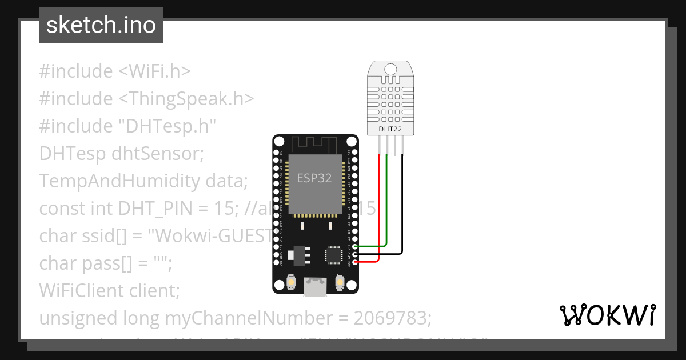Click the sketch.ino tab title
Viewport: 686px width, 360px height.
pyautogui.click(x=101, y=25)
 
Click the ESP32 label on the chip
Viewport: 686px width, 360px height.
pyautogui.click(x=314, y=178)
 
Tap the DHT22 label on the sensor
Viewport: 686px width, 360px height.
pyautogui.click(x=390, y=130)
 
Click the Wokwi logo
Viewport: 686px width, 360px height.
pyautogui.click(x=607, y=315)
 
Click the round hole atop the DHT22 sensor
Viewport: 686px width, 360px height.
pyautogui.click(x=390, y=70)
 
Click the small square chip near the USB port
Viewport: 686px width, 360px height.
pyautogui.click(x=332, y=255)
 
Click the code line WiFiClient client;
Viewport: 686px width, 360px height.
pyautogui.click(x=109, y=290)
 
